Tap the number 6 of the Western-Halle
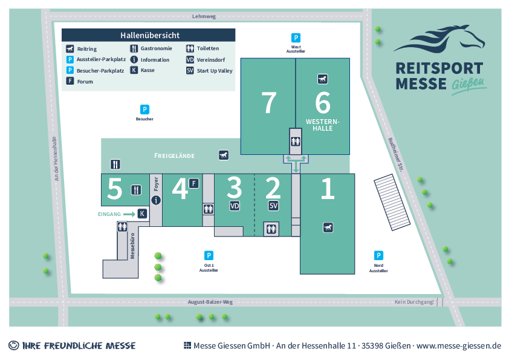(x=323, y=102)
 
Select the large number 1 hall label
(x=327, y=189)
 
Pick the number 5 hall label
(x=114, y=189)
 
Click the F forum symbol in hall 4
(x=194, y=183)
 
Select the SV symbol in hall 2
(x=274, y=206)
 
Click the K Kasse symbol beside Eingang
(x=142, y=214)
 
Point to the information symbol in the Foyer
(x=156, y=200)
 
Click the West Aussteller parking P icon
(x=296, y=37)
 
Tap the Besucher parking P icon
(x=144, y=110)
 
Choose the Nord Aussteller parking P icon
(x=378, y=255)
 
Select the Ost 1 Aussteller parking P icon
(x=209, y=255)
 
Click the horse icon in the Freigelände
(x=224, y=155)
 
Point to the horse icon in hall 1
(x=327, y=227)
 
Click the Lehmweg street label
(x=203, y=17)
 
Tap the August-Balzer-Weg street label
(x=210, y=301)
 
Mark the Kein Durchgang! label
(x=414, y=301)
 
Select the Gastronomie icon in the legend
(x=134, y=48)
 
